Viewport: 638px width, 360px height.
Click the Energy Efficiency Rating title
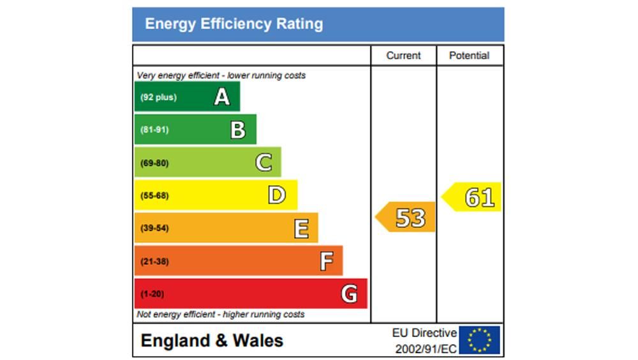pyautogui.click(x=234, y=24)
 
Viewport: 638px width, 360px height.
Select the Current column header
pyautogui.click(x=403, y=56)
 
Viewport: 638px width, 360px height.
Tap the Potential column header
pyautogui.click(x=469, y=56)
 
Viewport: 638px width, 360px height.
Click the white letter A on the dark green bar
pyautogui.click(x=221, y=97)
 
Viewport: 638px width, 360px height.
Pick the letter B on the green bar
pyautogui.click(x=238, y=130)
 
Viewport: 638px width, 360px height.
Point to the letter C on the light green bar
pyautogui.click(x=264, y=163)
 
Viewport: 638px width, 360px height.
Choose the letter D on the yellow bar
pyautogui.click(x=276, y=195)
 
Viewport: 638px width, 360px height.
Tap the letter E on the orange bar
pyautogui.click(x=301, y=228)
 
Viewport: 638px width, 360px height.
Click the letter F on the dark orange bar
pyautogui.click(x=326, y=260)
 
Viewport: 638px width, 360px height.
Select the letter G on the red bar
pyautogui.click(x=349, y=294)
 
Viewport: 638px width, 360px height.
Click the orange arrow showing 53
pyautogui.click(x=406, y=218)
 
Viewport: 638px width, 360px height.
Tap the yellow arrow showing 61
pyautogui.click(x=473, y=197)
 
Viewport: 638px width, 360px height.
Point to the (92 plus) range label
pyautogui.click(x=158, y=98)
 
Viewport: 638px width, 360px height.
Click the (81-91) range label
pyautogui.click(x=154, y=130)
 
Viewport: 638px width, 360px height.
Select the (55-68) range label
pyautogui.click(x=154, y=195)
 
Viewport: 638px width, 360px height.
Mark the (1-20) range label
pyautogui.click(x=152, y=294)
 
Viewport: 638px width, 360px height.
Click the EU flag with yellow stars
pyautogui.click(x=479, y=340)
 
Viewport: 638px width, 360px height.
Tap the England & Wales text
pyautogui.click(x=212, y=340)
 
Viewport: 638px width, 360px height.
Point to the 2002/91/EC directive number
pyautogui.click(x=426, y=349)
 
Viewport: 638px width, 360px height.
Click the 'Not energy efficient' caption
pyautogui.click(x=221, y=314)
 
